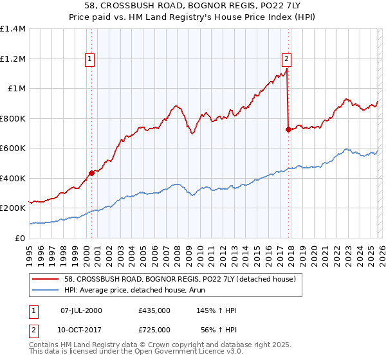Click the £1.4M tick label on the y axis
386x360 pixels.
[x=13, y=29]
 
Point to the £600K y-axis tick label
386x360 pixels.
[x=13, y=148]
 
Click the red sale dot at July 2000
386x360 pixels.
[x=92, y=172]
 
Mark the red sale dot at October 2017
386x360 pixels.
[x=288, y=129]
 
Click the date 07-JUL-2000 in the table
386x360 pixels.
[x=81, y=310]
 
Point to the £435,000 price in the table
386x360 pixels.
[x=154, y=310]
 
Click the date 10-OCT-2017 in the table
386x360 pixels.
[x=81, y=330]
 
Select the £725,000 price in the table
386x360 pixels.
[x=154, y=330]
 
